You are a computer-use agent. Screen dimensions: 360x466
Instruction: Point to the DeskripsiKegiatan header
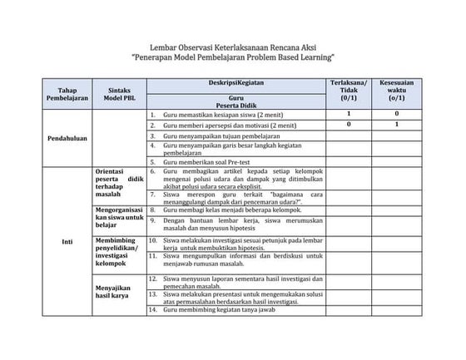[x=235, y=84]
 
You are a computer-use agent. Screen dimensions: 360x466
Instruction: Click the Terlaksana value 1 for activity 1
[x=349, y=113]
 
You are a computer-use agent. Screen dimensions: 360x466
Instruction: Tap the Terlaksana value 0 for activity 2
[x=349, y=124]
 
